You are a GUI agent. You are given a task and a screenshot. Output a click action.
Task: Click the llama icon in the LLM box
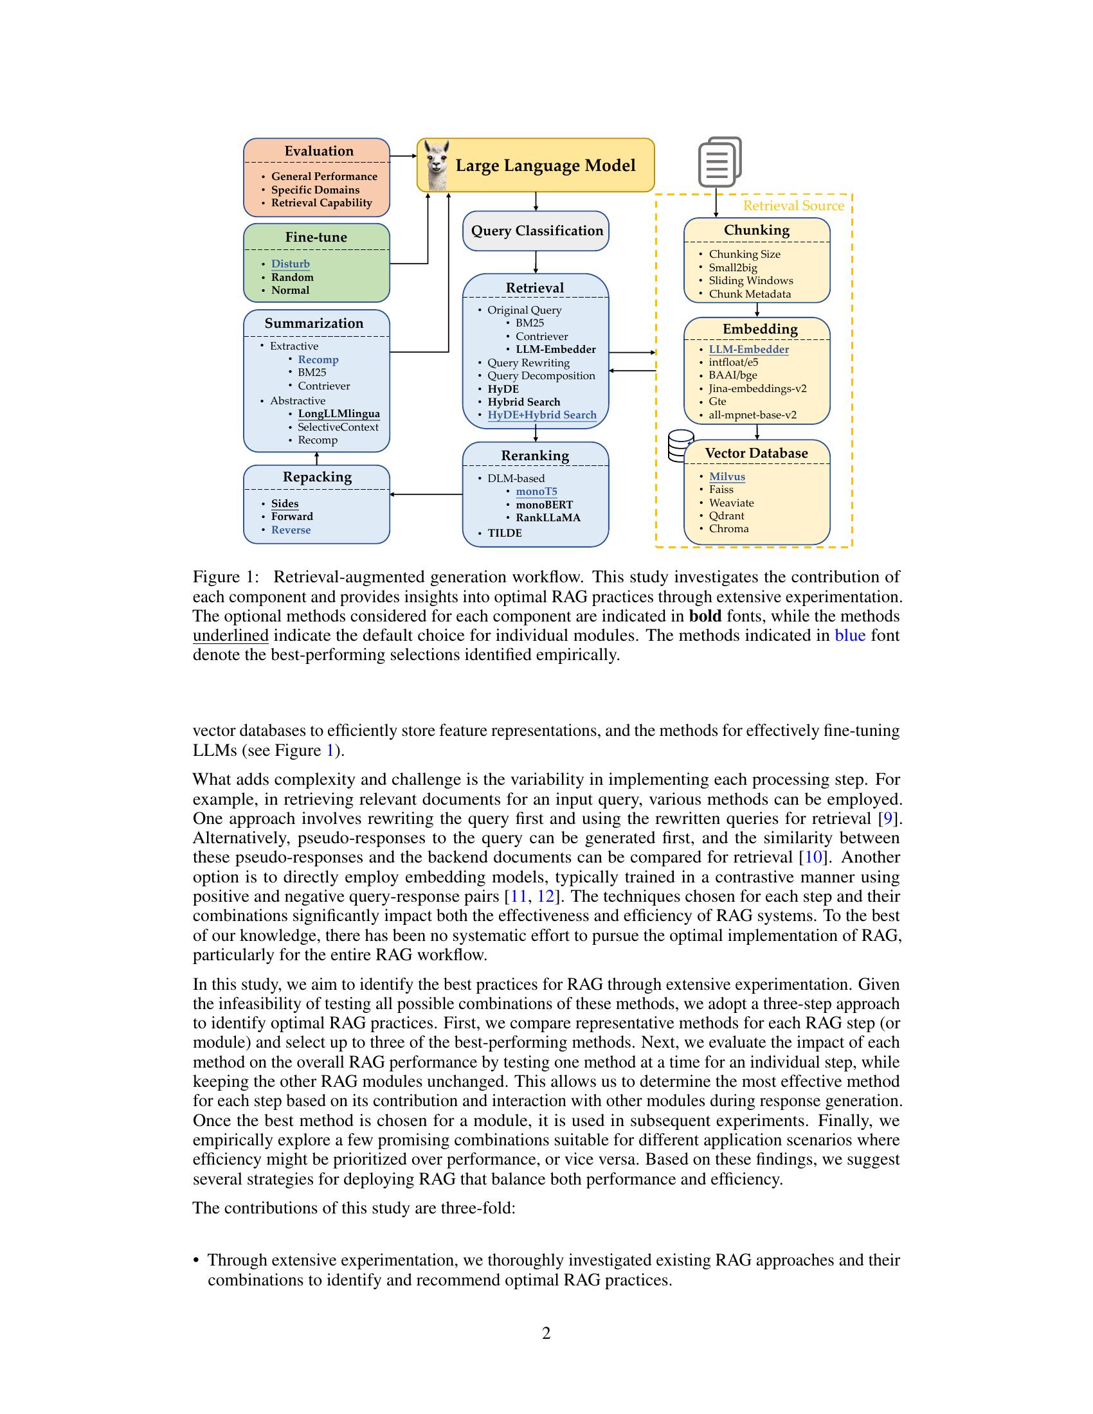(437, 166)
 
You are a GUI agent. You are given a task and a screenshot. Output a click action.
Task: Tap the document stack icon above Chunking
(719, 162)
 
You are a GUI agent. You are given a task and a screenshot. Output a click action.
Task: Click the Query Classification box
(536, 231)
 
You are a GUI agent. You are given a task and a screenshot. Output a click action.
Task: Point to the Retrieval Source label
(793, 206)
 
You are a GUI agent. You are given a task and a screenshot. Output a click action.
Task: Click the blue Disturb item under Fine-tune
(290, 264)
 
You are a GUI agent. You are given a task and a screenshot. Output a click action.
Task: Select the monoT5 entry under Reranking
(536, 492)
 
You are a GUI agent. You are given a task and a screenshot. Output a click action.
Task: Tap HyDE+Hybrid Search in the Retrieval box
(542, 415)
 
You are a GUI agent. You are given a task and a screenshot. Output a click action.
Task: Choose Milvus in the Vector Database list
(727, 476)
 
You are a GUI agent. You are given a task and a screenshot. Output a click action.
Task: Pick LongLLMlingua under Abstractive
(339, 414)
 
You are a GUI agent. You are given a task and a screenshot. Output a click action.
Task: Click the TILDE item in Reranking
(505, 533)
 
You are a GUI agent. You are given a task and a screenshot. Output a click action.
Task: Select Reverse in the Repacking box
(291, 530)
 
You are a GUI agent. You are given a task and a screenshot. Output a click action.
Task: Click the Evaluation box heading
(318, 151)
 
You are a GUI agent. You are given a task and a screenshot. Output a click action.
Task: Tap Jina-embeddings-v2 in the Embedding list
(757, 388)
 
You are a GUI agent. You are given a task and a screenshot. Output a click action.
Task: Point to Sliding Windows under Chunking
(750, 280)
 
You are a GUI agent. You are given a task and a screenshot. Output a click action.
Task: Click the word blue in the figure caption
(849, 635)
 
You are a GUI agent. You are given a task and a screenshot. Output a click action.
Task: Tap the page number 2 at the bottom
(546, 1333)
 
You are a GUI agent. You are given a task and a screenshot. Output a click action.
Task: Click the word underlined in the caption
(231, 635)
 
